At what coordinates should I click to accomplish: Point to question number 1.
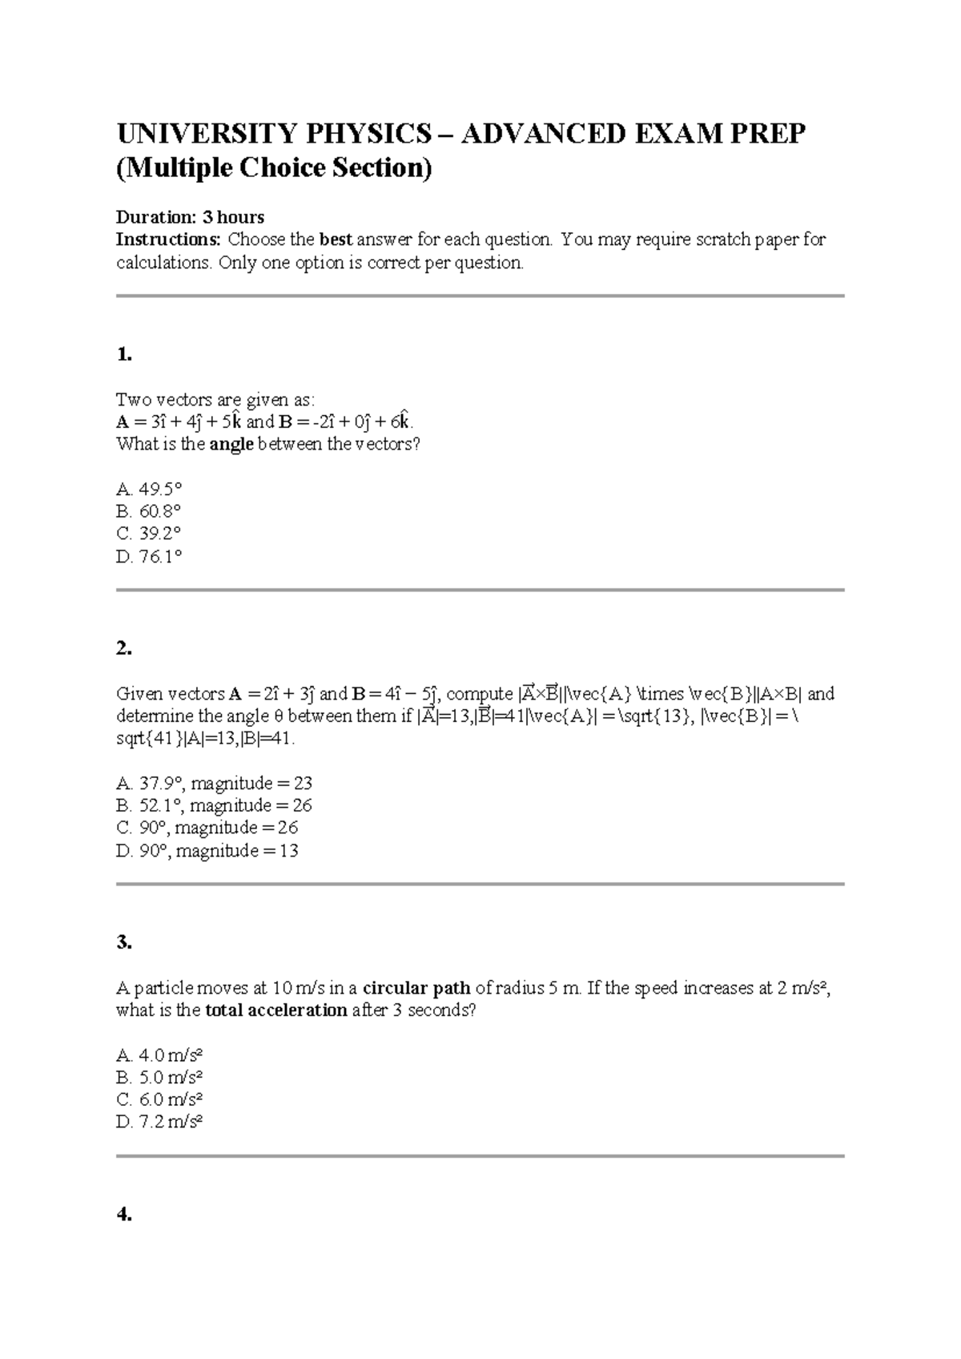point(123,355)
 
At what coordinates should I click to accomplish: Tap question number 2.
point(123,649)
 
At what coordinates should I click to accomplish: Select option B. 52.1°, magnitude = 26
point(214,805)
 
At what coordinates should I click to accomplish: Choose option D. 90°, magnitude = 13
point(207,851)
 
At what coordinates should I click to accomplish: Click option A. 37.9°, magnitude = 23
point(214,783)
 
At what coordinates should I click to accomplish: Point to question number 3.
point(123,943)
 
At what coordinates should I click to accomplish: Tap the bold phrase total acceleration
point(276,1010)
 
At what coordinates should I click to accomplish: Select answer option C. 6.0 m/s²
point(159,1099)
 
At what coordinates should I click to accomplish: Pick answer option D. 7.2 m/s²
point(159,1122)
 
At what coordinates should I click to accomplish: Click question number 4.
point(123,1215)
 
